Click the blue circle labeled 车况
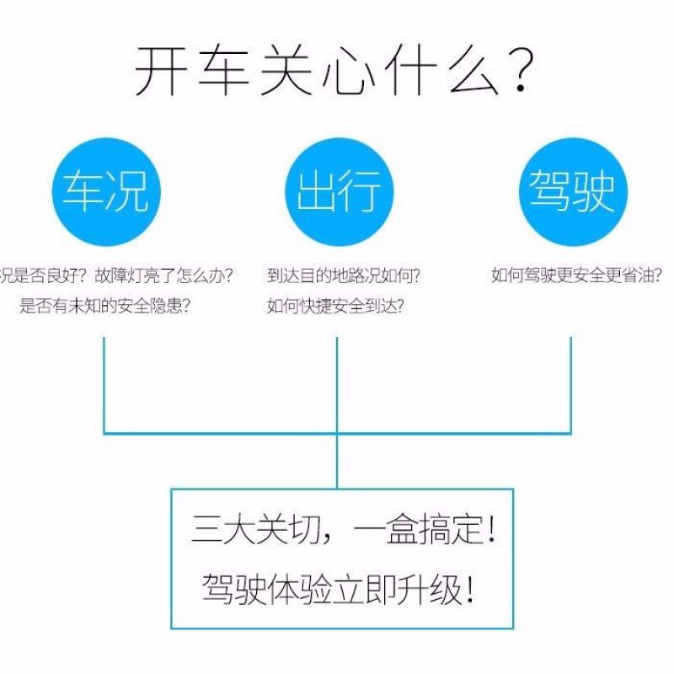[105, 192]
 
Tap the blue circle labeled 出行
[338, 192]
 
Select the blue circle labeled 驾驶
[572, 192]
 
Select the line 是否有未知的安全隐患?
[104, 306]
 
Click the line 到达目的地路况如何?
[344, 275]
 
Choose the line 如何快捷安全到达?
[335, 306]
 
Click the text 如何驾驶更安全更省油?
[576, 275]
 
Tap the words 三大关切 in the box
[244, 531]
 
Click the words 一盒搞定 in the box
[413, 531]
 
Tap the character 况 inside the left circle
[128, 192]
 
